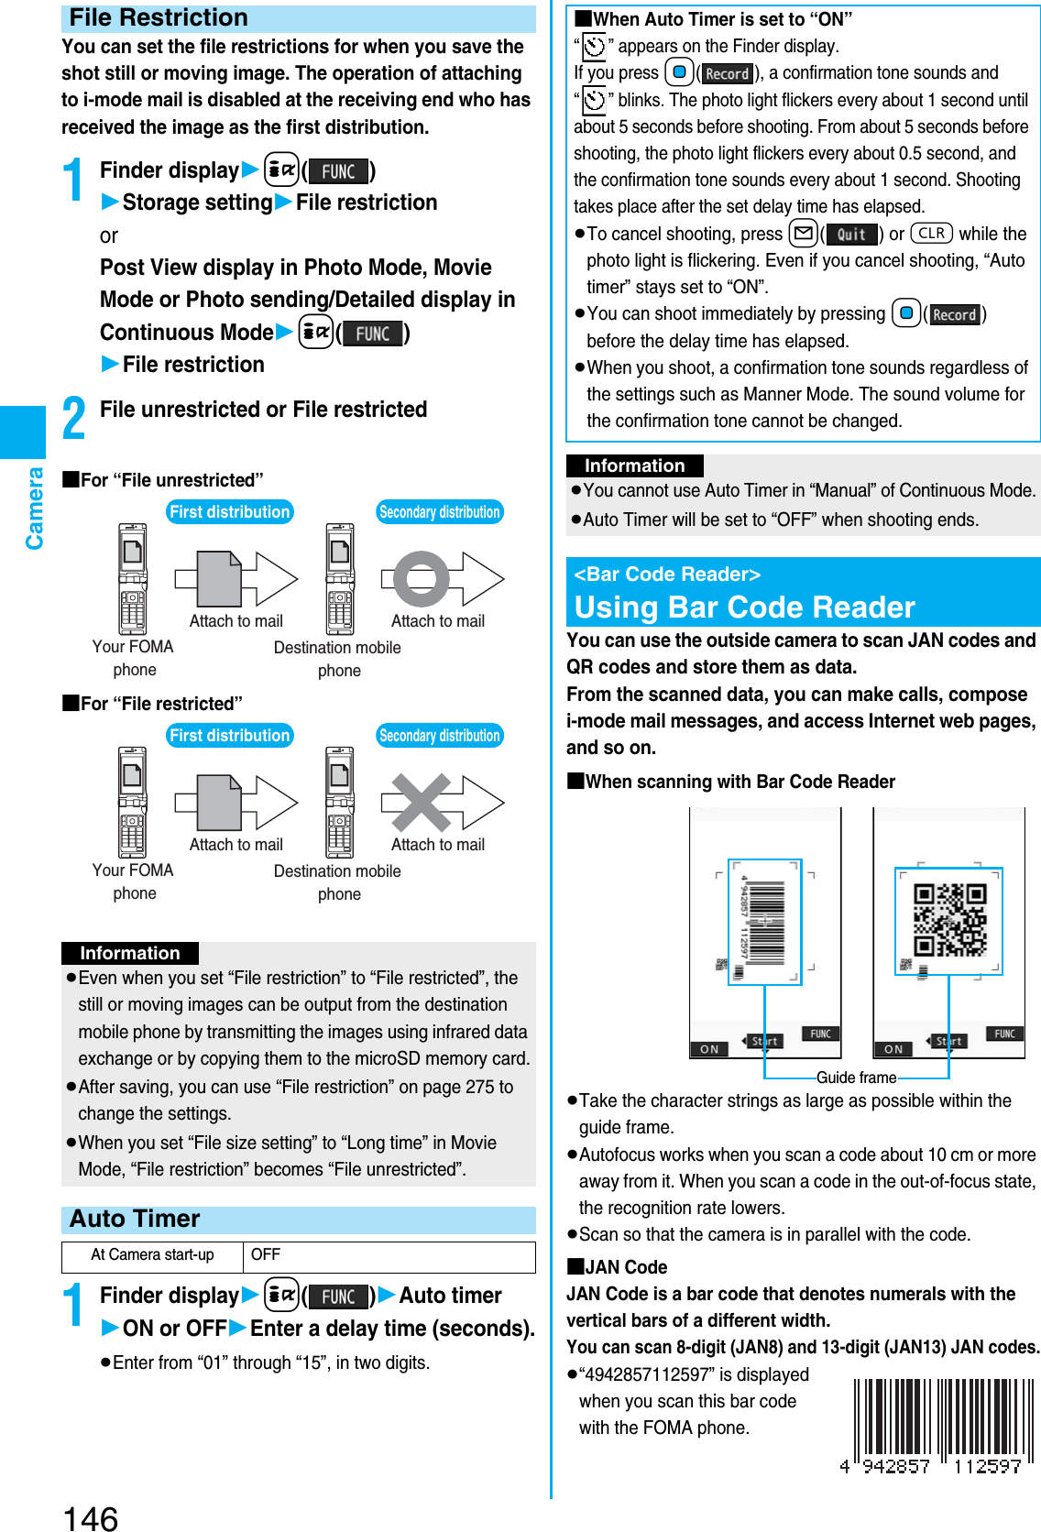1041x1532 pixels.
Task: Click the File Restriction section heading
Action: [159, 18]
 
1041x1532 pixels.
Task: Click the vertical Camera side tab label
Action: [35, 509]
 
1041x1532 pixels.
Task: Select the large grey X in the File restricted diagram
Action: [421, 803]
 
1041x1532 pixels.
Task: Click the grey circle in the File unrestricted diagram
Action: [421, 579]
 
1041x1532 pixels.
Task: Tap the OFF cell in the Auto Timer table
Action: [266, 1255]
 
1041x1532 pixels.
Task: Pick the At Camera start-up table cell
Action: [152, 1255]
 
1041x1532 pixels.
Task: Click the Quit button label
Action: [851, 235]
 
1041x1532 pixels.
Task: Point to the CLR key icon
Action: [931, 234]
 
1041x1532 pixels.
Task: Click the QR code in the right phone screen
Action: [949, 920]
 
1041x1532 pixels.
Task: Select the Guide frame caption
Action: [856, 1078]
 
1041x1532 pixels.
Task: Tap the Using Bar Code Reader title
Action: [744, 607]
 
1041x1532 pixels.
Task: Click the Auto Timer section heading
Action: [135, 1220]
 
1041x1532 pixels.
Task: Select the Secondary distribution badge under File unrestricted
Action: [439, 512]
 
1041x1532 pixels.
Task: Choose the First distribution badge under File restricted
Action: [229, 736]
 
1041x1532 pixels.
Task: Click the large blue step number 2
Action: [74, 417]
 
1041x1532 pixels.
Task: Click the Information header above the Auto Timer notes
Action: [634, 465]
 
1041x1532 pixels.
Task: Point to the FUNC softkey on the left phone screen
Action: [820, 1034]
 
